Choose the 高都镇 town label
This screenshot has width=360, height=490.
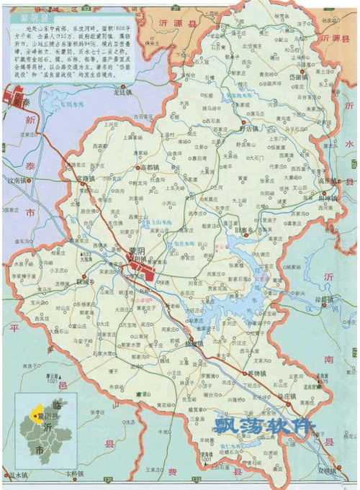click(x=152, y=168)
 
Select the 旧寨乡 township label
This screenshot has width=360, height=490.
click(x=246, y=229)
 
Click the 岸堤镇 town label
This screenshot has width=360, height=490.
click(x=325, y=299)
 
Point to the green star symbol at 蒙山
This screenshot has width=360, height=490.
click(x=138, y=394)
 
